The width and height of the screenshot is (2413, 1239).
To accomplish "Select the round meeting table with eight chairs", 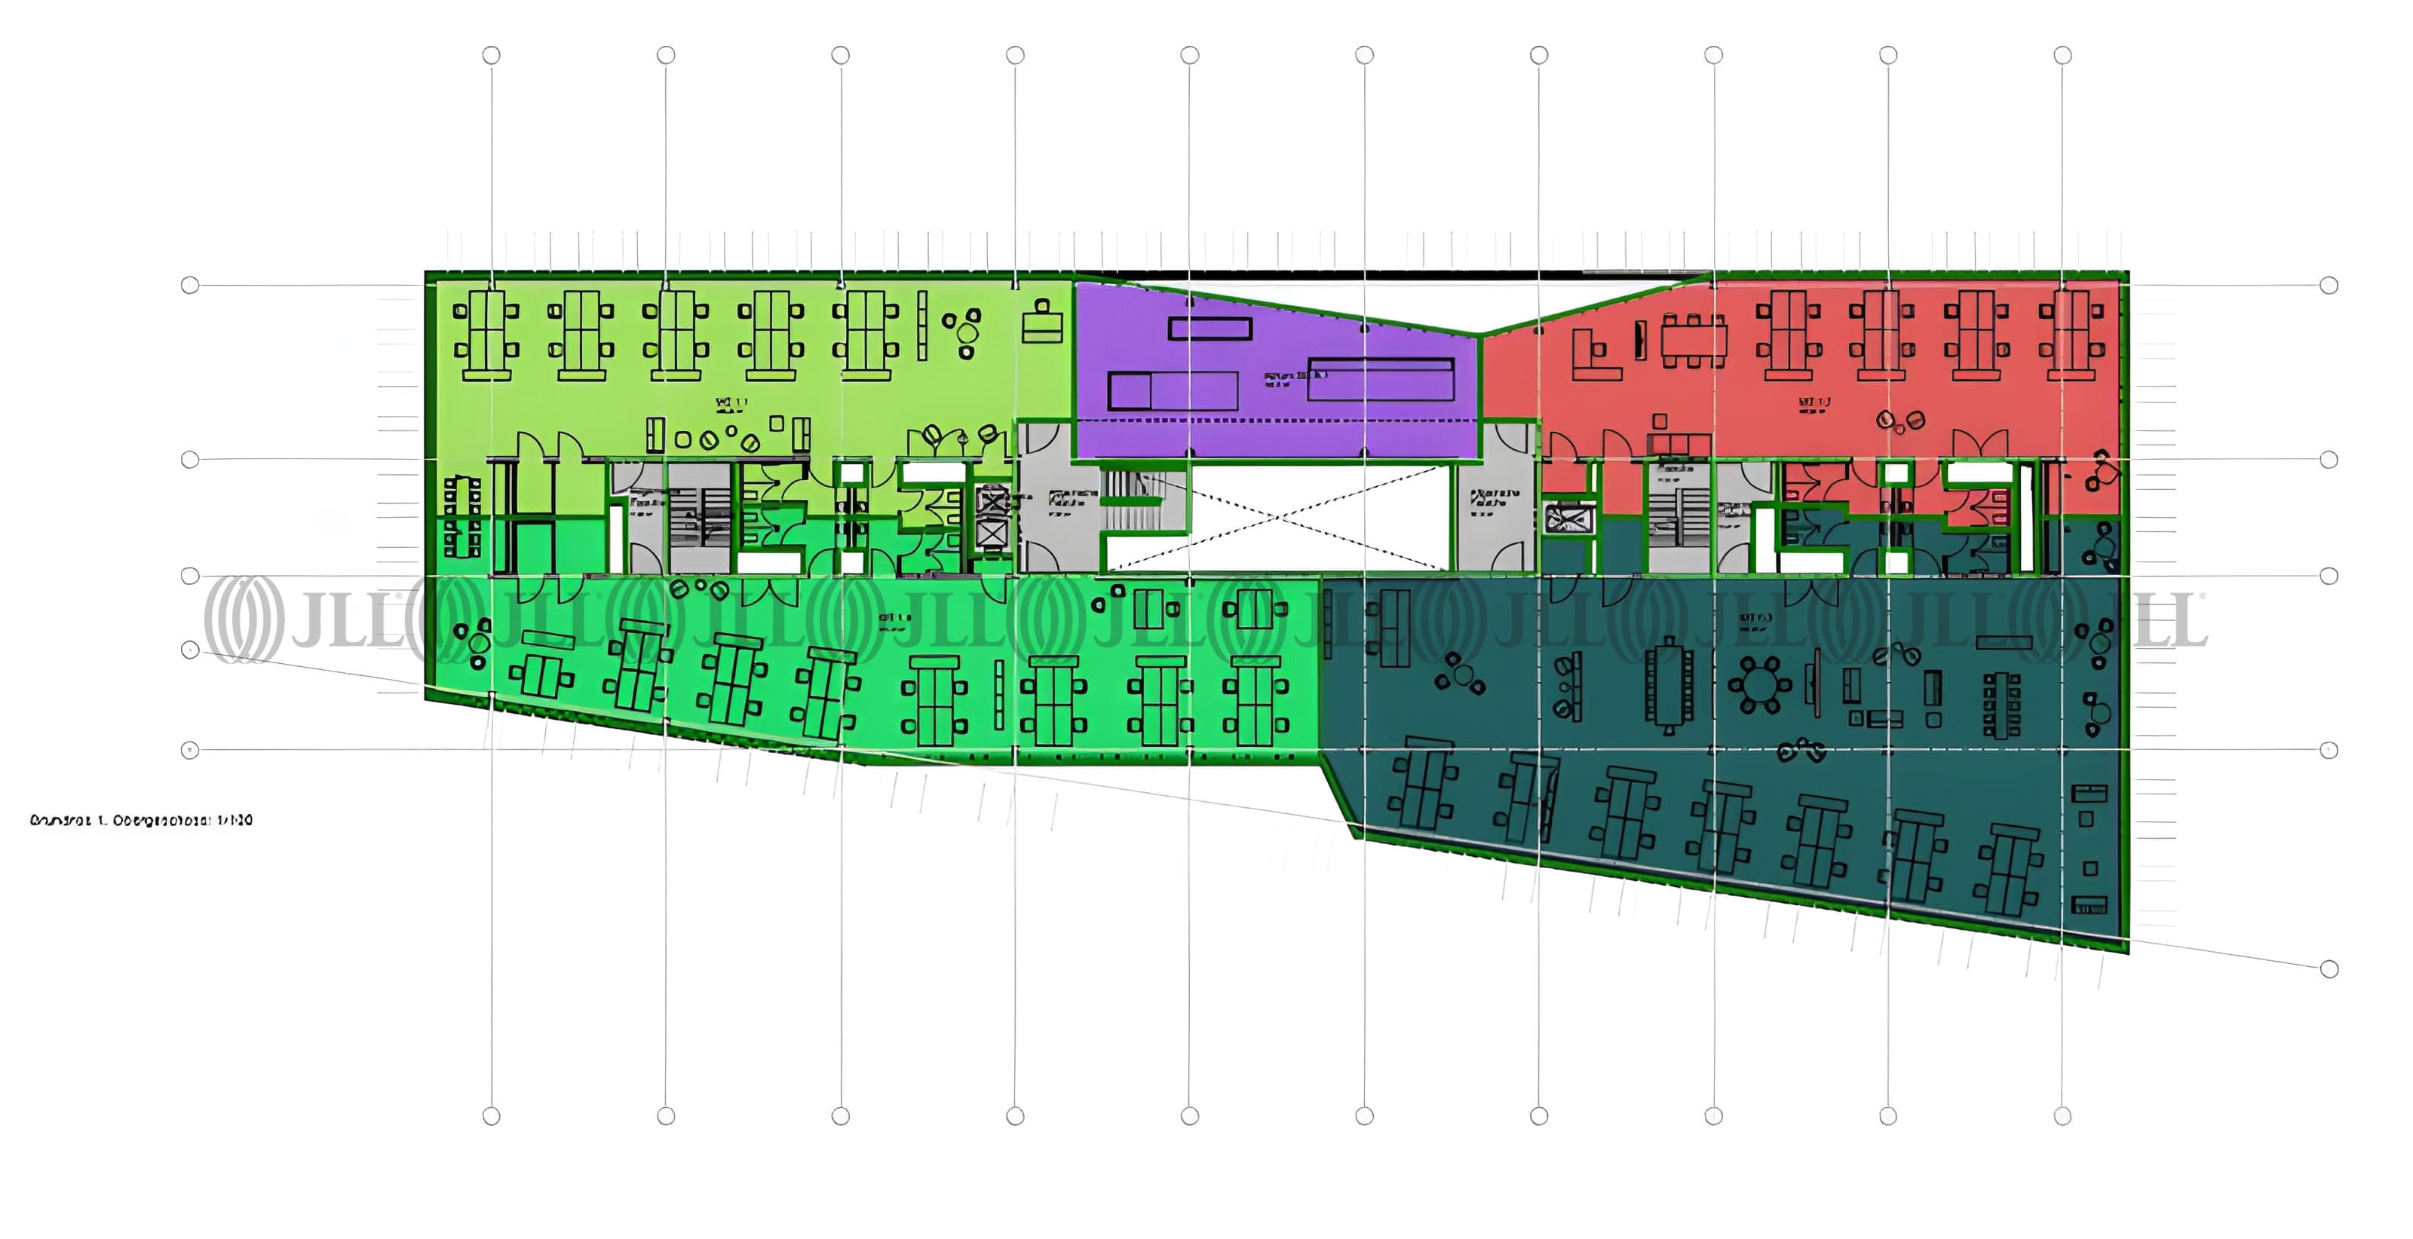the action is [x=1758, y=684].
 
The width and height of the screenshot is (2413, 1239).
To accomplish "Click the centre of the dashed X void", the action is [x=1277, y=518].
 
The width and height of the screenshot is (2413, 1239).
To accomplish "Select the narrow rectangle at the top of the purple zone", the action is [x=1210, y=328].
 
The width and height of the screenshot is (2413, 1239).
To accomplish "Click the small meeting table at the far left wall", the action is [x=461, y=517].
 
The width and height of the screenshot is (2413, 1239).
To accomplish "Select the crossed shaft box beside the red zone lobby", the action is [x=1566, y=518].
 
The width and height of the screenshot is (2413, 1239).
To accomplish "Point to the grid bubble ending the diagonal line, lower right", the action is [x=2329, y=969].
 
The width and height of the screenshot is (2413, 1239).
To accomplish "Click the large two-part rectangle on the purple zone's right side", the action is [x=1380, y=378].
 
